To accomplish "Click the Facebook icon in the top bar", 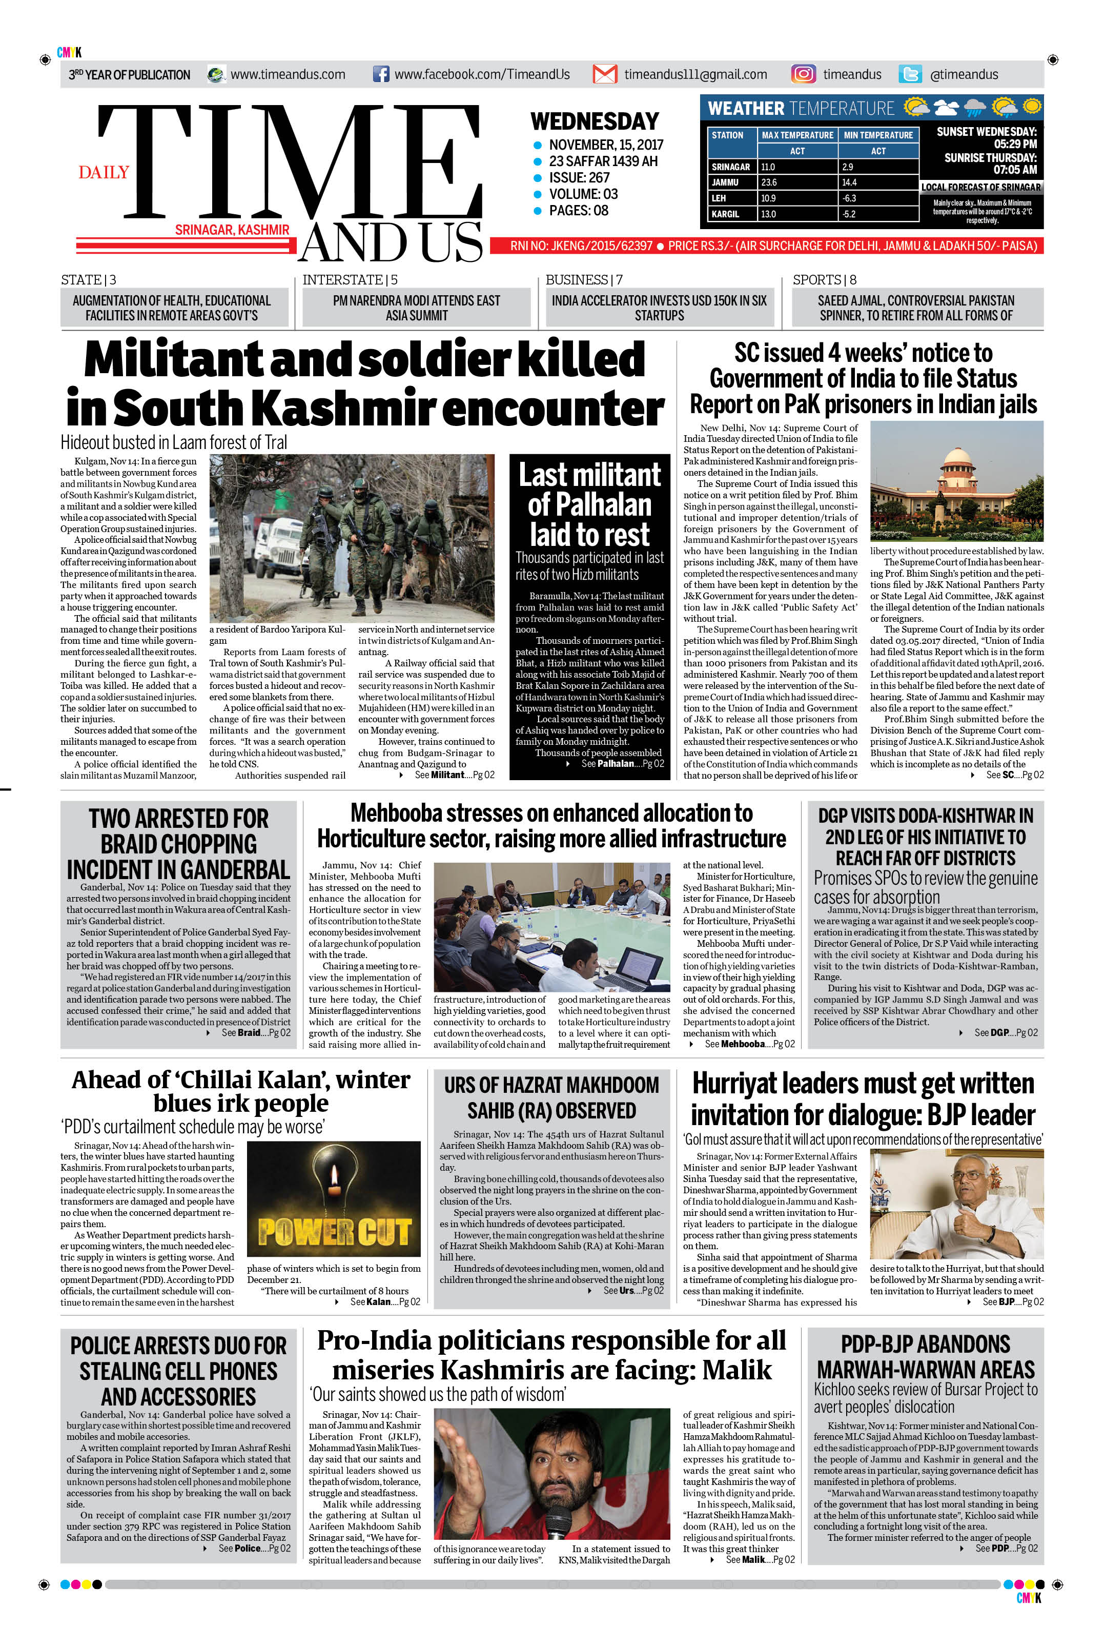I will (x=380, y=74).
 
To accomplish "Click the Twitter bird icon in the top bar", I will (x=910, y=74).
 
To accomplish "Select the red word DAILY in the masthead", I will (x=104, y=173).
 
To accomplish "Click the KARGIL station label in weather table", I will (x=725, y=214).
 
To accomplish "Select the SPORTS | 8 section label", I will (x=824, y=280).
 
